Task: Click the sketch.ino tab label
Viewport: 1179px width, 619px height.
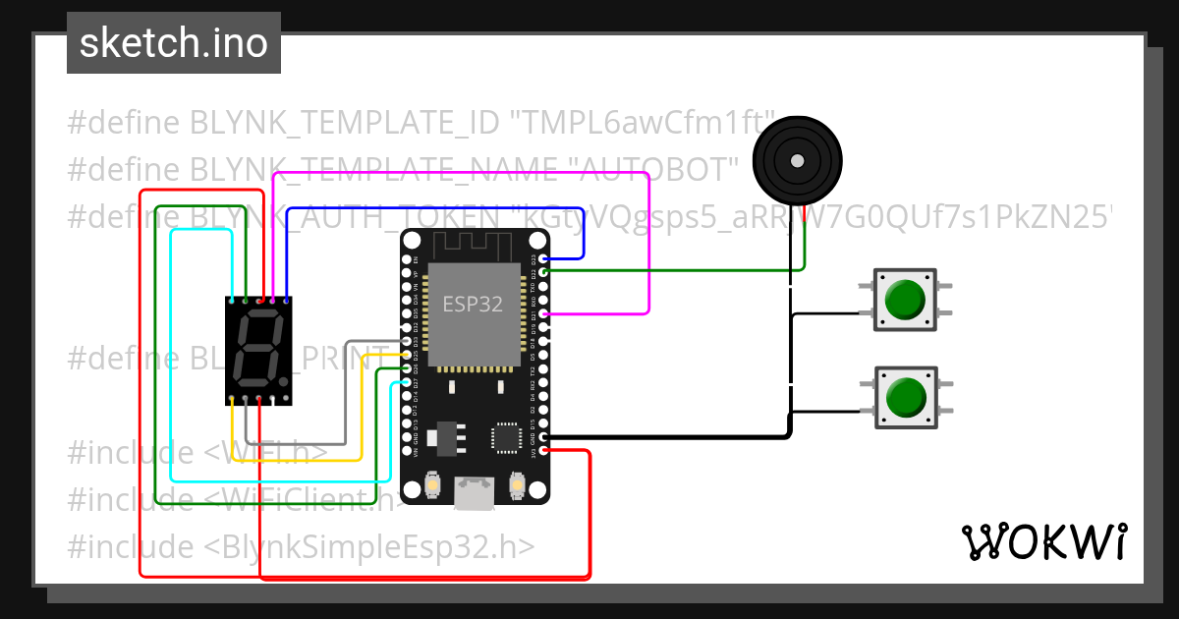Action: [x=173, y=43]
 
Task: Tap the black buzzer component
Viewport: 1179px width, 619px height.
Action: [x=797, y=159]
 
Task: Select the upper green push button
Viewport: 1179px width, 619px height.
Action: [x=904, y=301]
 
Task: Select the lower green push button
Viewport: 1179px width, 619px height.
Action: [x=904, y=398]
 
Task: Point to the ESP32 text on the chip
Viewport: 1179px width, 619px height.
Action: [x=473, y=304]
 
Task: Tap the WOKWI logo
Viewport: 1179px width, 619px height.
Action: [x=1043, y=541]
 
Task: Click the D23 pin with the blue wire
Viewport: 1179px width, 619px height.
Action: [x=543, y=259]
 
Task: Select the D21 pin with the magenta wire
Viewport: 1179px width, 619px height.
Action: [x=543, y=314]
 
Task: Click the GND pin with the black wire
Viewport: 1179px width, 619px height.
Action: [x=543, y=437]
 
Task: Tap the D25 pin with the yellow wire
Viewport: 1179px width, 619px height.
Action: [x=407, y=355]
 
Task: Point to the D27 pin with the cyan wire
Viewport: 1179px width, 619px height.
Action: [x=407, y=380]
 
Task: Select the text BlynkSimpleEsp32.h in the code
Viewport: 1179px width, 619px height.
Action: [x=379, y=545]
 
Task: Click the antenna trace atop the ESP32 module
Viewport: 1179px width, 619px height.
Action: [x=475, y=244]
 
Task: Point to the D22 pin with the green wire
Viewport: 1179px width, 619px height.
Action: [x=543, y=271]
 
